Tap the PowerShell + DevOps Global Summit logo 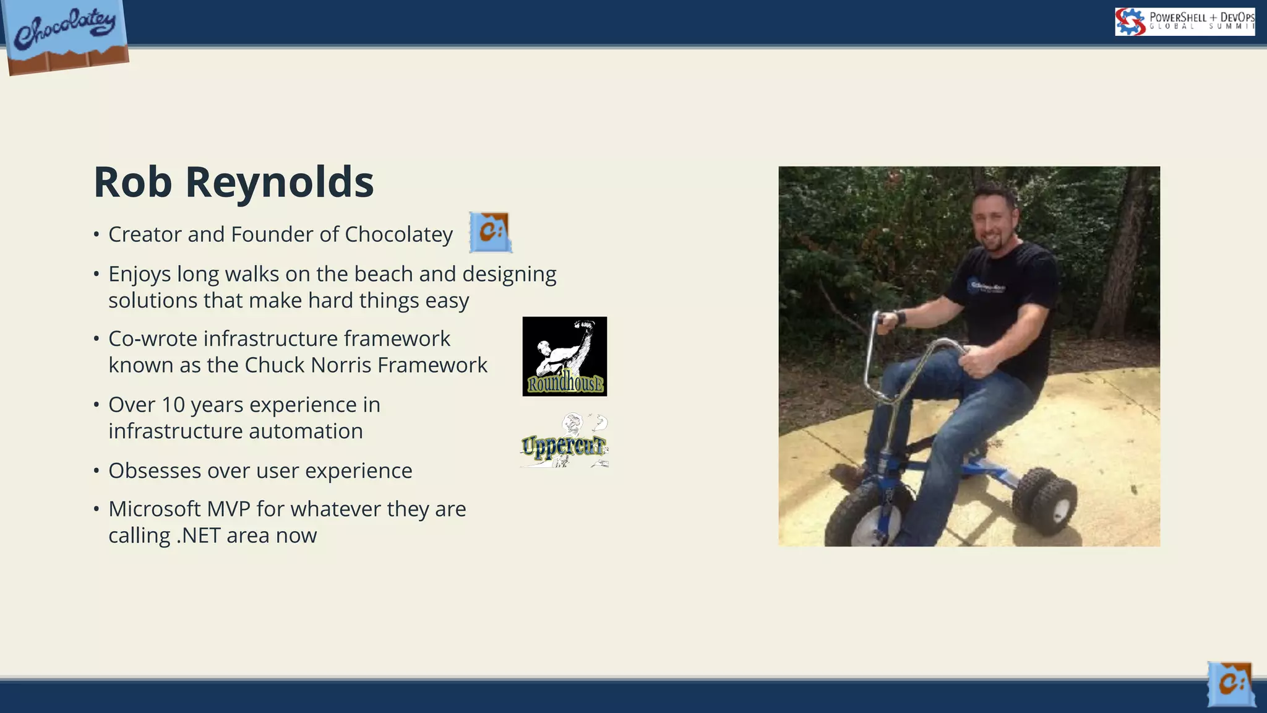pos(1184,22)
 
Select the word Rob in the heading pos(132,183)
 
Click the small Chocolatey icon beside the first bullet pos(490,232)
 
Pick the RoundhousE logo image pos(564,356)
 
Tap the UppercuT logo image pos(564,441)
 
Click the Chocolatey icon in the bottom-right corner pos(1230,684)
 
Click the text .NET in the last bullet pos(198,536)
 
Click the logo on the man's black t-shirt pos(987,287)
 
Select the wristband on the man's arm pos(900,319)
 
